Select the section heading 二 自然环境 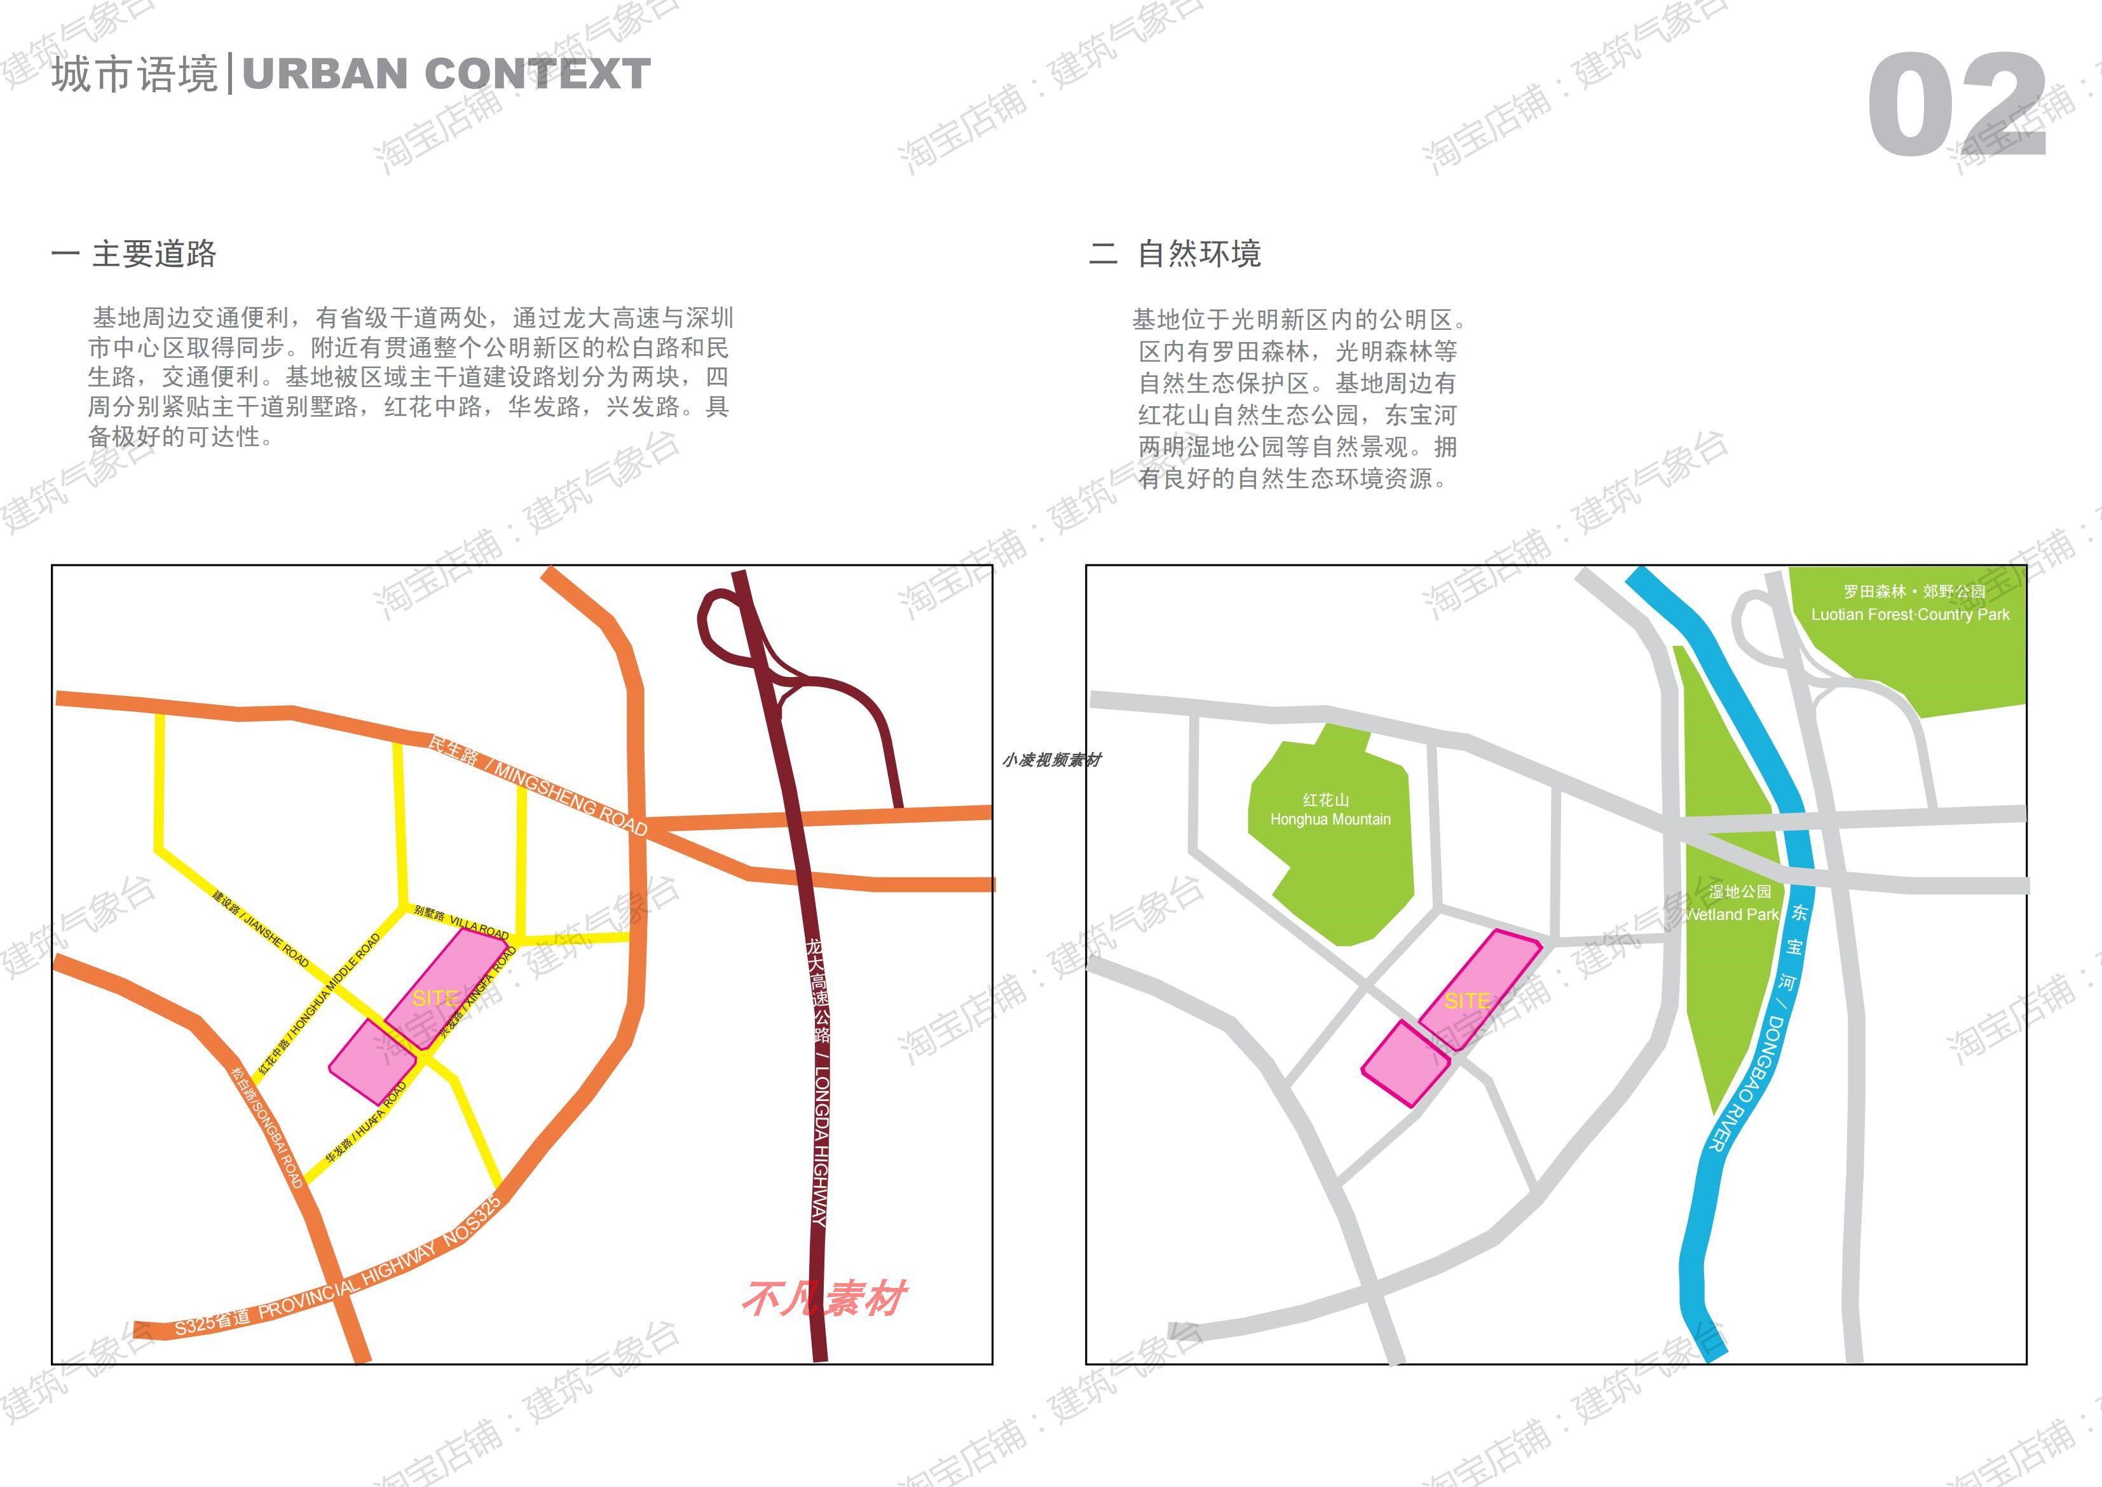click(1175, 254)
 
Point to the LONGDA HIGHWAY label click(819, 1081)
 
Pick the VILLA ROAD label click(460, 921)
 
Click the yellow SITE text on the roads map click(435, 998)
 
